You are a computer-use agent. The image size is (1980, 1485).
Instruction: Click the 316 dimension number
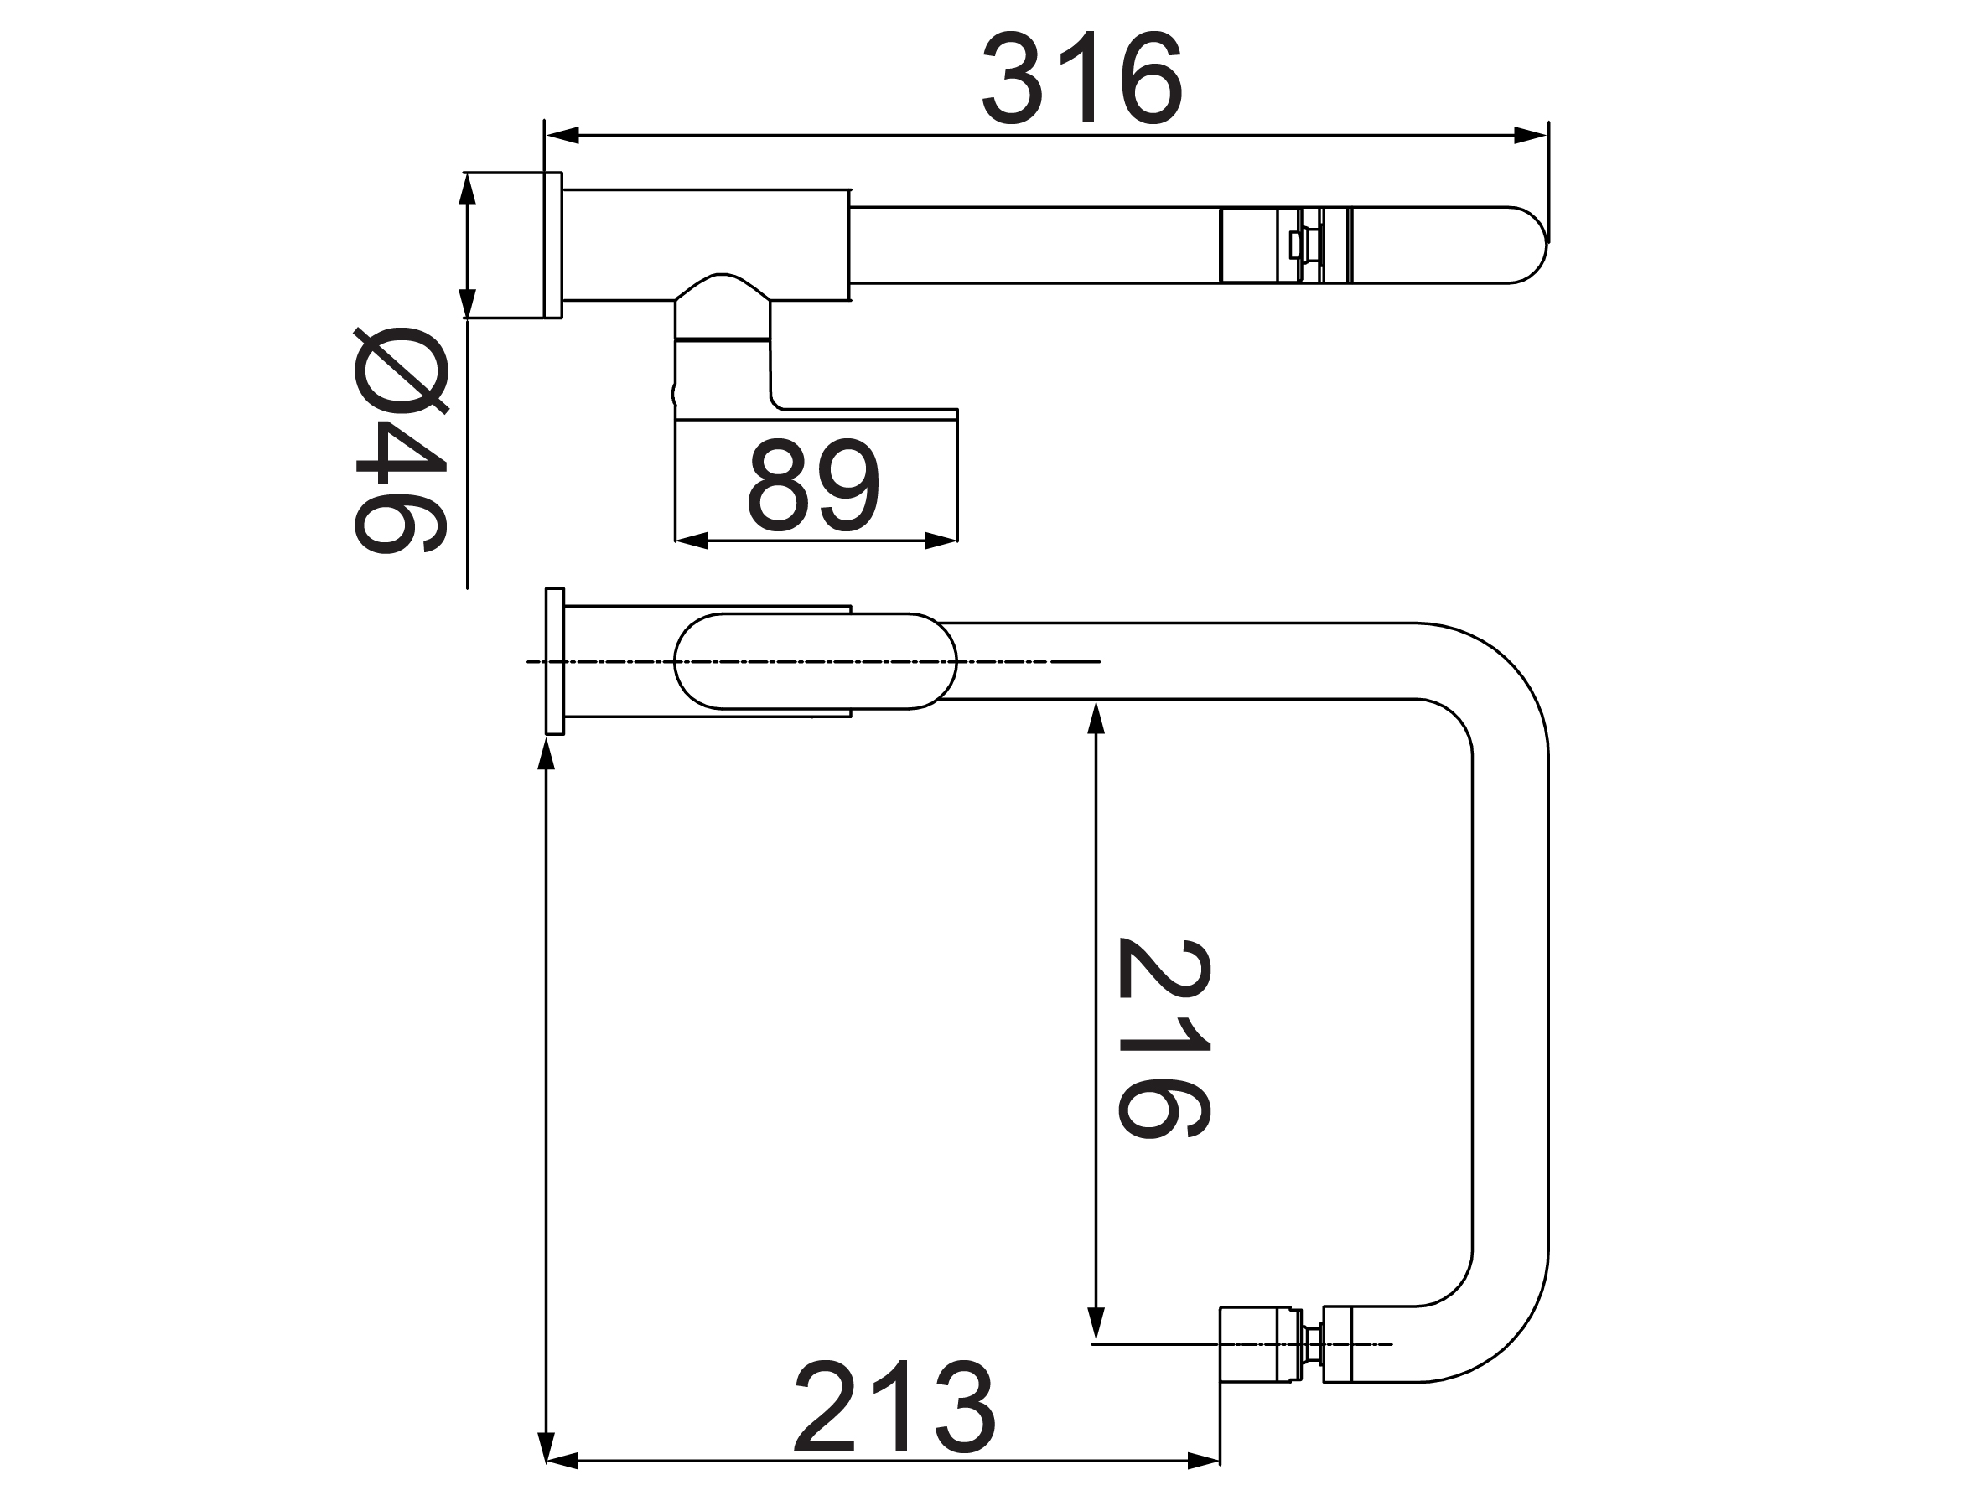[1082, 79]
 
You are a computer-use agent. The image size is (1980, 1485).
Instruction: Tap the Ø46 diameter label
[400, 441]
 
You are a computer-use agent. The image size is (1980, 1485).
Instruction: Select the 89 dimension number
[814, 484]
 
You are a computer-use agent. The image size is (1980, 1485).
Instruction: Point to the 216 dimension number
[1164, 1038]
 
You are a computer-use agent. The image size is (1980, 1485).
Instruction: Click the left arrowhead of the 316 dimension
[562, 136]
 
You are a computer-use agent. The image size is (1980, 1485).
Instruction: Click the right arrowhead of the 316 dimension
[1530, 136]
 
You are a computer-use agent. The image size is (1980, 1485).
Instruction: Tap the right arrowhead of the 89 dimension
[941, 541]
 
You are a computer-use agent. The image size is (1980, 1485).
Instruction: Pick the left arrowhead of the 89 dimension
[692, 541]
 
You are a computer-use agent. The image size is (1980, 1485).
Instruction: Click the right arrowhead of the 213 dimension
[1203, 1462]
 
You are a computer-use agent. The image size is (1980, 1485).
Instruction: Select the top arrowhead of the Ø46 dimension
[466, 189]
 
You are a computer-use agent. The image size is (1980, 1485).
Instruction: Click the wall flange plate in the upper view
[552, 245]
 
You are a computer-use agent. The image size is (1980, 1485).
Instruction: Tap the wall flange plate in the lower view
[555, 661]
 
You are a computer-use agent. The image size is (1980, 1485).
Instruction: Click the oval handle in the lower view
[815, 661]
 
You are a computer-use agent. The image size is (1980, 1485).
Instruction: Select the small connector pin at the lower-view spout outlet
[1313, 1344]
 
